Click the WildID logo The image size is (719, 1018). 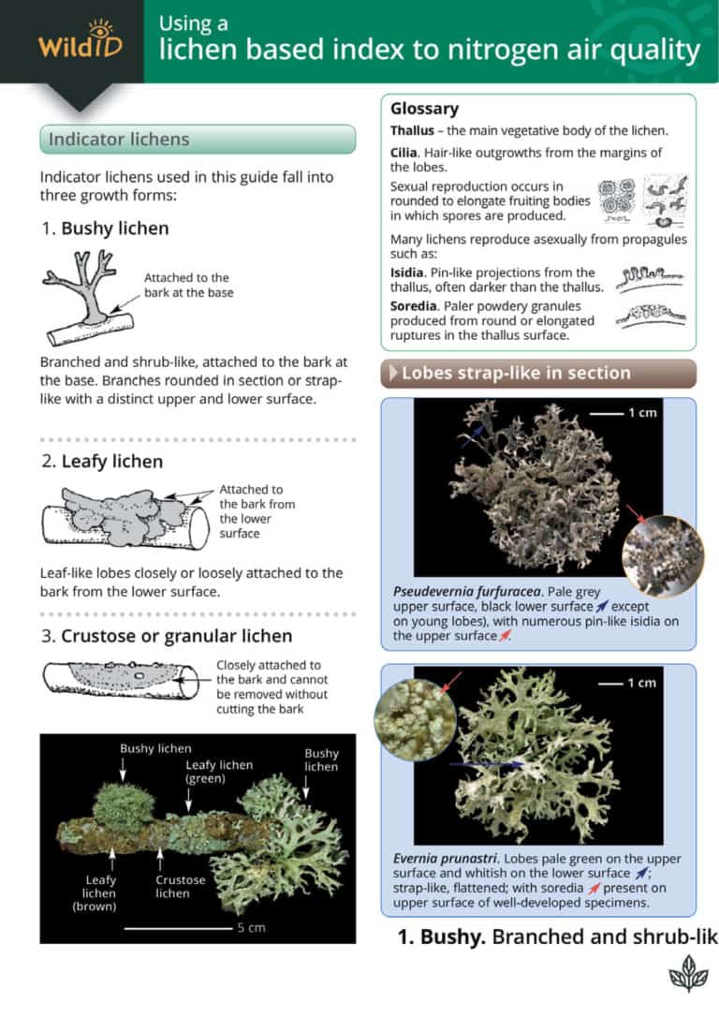pyautogui.click(x=80, y=40)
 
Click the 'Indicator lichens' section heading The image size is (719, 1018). pyautogui.click(x=119, y=140)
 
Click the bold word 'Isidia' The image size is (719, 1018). pyautogui.click(x=410, y=273)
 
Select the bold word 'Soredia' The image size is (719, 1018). pyautogui.click(x=416, y=305)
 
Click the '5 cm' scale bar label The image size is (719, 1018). pyautogui.click(x=248, y=928)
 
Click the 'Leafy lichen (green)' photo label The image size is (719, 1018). pyautogui.click(x=218, y=772)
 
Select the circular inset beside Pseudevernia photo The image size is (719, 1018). pyautogui.click(x=662, y=556)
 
